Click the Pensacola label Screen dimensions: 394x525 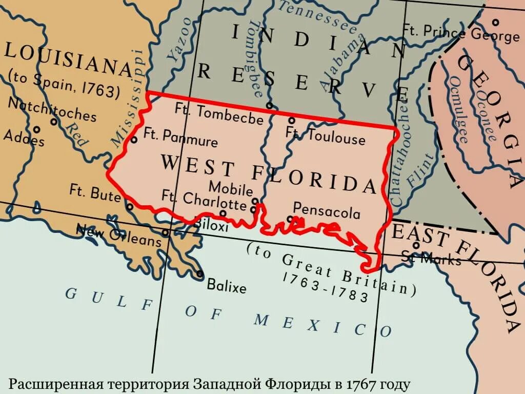[327, 210]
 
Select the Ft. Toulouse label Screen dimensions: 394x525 [326, 136]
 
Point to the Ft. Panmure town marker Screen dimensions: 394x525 [134, 140]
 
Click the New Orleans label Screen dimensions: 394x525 [118, 235]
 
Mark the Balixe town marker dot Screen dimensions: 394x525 [200, 274]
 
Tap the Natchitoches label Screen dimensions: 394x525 [52, 108]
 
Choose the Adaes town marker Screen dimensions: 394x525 [36, 130]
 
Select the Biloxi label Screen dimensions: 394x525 [211, 225]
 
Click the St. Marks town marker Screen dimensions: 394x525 [416, 245]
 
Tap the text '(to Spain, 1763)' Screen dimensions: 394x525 [64, 85]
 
